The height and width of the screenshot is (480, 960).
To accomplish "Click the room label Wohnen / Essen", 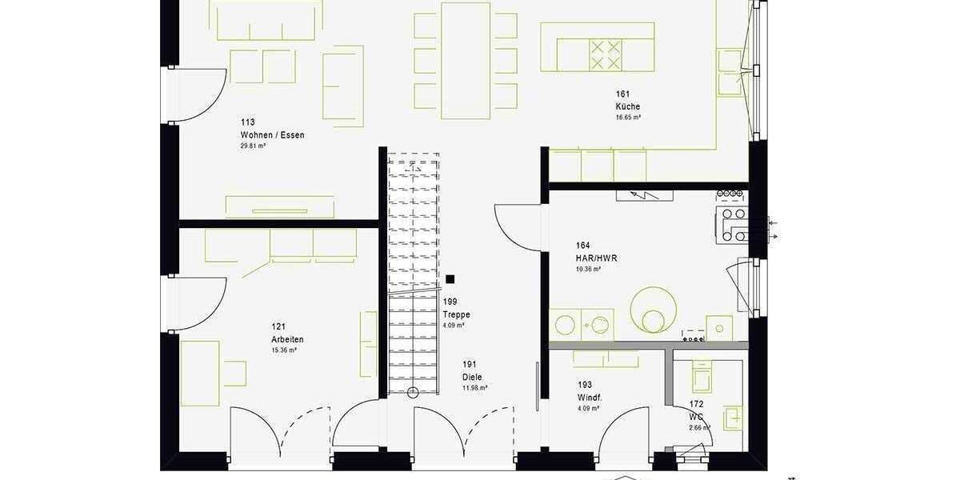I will pos(272,135).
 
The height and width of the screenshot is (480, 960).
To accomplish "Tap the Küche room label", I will pos(627,107).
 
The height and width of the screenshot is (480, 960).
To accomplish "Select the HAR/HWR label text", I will pos(596,258).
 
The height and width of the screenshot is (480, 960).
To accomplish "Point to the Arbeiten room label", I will pos(287,339).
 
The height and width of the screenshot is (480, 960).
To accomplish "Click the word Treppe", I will pos(456,315).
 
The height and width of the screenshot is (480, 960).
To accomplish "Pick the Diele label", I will pos(472,378).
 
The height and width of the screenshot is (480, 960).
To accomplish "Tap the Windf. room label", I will pos(590,398).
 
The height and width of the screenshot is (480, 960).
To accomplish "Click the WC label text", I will pos(696,417).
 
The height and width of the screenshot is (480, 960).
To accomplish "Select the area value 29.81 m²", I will pos(253,146).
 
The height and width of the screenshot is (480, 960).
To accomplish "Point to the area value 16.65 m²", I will pos(628,118).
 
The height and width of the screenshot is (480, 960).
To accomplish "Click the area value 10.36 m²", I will pos(588,270).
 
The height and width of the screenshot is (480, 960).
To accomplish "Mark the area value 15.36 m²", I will pos(284,350).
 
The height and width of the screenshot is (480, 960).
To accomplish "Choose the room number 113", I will pos(247,122).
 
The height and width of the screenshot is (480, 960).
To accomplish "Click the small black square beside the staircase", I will pos(450,279).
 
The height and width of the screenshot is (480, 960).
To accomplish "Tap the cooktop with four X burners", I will pos(606,55).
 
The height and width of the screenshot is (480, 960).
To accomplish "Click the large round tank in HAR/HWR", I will pos(654,308).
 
